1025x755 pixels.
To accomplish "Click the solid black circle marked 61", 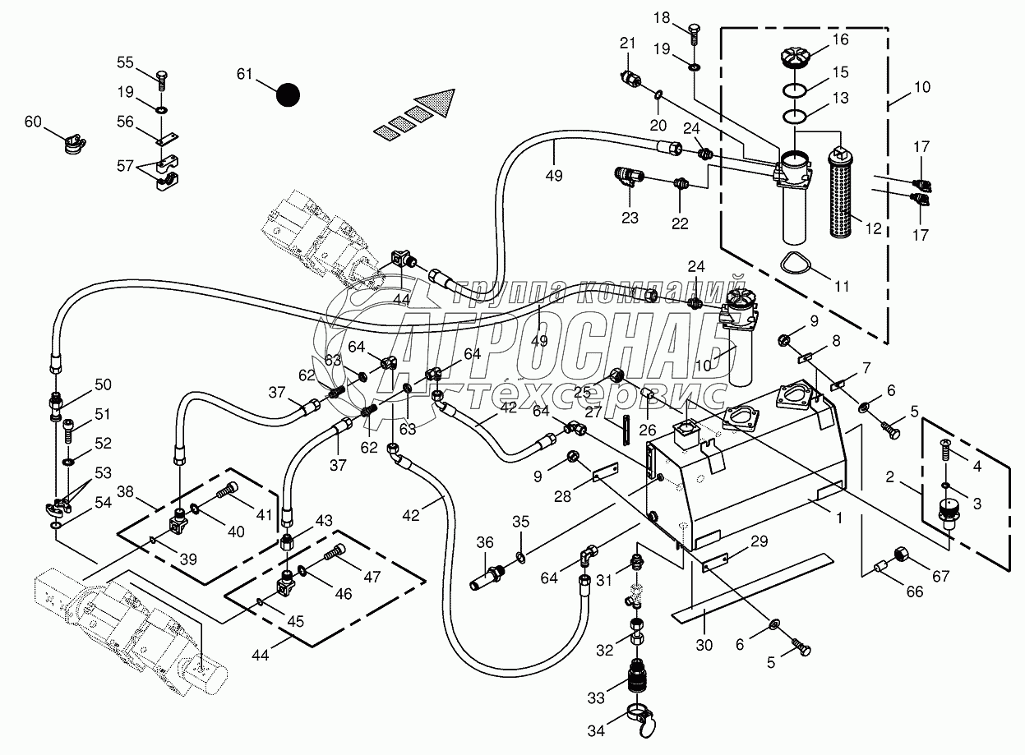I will pos(288,95).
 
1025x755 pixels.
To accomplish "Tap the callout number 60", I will pos(32,122).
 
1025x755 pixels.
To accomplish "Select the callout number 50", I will pos(103,384).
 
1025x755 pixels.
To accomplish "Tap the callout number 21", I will pos(628,43).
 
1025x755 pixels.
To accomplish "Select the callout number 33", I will pos(596,697).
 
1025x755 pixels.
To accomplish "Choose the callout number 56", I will pos(125,122).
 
